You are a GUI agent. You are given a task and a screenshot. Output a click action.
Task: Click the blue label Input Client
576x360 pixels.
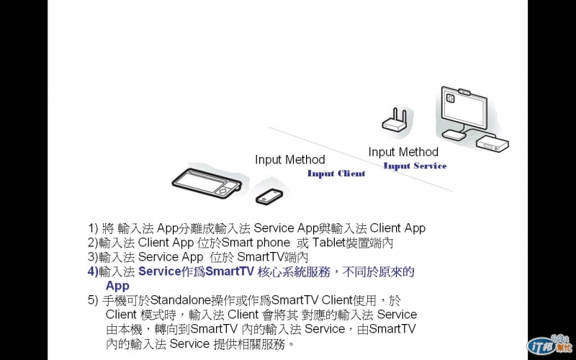click(336, 174)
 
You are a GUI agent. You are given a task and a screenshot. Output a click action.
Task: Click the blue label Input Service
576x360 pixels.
click(415, 166)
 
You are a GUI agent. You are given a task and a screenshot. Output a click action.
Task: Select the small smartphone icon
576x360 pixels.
click(269, 194)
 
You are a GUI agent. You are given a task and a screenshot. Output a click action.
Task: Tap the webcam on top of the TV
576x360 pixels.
click(465, 92)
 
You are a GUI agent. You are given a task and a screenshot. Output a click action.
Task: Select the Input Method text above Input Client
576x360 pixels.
click(289, 160)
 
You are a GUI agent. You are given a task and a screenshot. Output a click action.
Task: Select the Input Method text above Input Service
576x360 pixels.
click(403, 152)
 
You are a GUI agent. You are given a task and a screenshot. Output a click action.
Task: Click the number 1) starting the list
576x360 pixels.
click(93, 228)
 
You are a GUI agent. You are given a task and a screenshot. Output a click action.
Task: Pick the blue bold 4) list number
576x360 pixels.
click(93, 271)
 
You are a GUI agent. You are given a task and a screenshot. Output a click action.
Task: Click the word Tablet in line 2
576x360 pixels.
click(329, 243)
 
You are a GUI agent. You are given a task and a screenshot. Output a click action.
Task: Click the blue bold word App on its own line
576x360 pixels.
click(117, 286)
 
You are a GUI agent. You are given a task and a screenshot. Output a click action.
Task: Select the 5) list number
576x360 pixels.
click(93, 300)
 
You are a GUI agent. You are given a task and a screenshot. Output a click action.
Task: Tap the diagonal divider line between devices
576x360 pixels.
click(360, 158)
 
